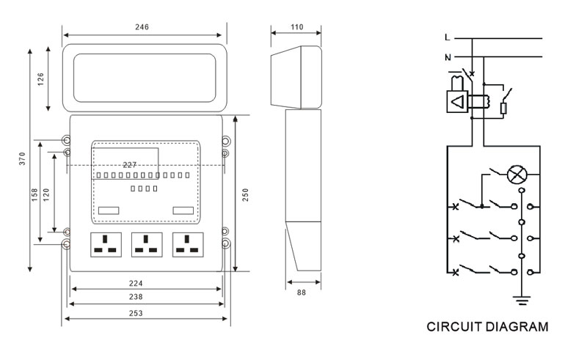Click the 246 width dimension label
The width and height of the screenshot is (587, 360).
point(142,27)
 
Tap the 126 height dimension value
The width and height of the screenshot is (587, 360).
point(41,78)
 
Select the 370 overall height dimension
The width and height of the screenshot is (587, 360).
point(22,161)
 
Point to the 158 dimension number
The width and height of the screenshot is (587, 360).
point(35,194)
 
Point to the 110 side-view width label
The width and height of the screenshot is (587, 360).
point(296,27)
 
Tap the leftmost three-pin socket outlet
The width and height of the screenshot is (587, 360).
point(105,243)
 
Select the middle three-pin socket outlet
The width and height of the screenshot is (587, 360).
point(147,243)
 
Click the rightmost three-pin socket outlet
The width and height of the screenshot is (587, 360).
point(188,243)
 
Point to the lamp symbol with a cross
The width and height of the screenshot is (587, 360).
point(519,175)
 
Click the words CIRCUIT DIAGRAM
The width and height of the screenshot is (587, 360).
point(487,326)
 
